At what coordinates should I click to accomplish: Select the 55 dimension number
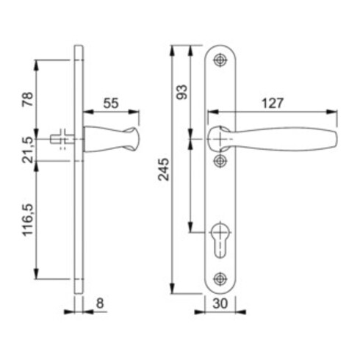tap(110, 104)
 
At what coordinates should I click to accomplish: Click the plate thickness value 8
tap(101, 301)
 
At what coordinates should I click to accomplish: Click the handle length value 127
tap(272, 104)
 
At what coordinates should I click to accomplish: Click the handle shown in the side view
tap(110, 138)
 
